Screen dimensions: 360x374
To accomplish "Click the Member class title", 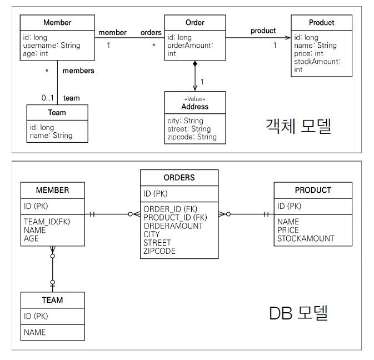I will click(x=57, y=23).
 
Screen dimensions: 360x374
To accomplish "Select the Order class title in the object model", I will click(x=195, y=23).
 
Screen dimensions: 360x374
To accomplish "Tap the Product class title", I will click(x=321, y=23).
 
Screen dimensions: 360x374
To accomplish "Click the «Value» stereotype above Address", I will click(x=195, y=99).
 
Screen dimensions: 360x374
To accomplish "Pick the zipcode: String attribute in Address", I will click(x=192, y=137).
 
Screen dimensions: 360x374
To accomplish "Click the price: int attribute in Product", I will click(x=308, y=53).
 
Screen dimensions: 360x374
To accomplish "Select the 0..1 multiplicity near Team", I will click(x=47, y=98).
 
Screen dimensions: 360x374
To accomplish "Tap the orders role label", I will click(x=151, y=32).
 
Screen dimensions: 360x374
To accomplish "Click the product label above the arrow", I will click(x=263, y=31).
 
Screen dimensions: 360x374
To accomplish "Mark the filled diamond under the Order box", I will click(x=195, y=65).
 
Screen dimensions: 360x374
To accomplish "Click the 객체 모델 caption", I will click(x=298, y=127).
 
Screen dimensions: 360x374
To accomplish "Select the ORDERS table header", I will click(x=179, y=178).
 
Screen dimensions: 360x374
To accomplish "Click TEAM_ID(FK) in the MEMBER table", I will click(x=46, y=221).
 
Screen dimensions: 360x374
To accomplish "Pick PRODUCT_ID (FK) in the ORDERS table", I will click(x=175, y=217).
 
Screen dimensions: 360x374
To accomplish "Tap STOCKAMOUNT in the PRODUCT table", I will click(x=306, y=238).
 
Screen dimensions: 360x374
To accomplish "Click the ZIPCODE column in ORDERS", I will click(x=159, y=251).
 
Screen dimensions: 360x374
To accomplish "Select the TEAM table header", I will click(x=52, y=300).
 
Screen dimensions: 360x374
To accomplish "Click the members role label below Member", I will click(x=78, y=71).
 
